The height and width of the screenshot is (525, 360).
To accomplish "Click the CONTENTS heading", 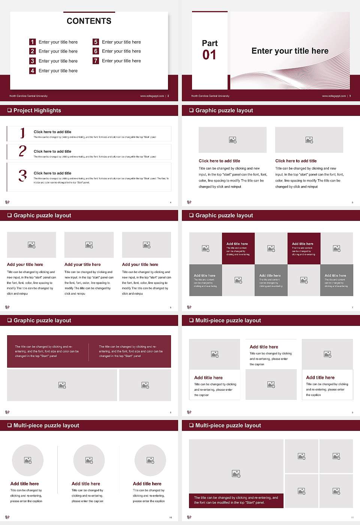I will click(x=89, y=21).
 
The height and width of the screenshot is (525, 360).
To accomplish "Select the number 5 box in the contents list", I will click(x=96, y=42).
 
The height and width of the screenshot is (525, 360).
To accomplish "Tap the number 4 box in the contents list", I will click(x=32, y=70).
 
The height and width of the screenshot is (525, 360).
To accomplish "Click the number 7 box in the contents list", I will click(x=96, y=61).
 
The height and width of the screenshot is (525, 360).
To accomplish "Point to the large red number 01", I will click(x=209, y=55).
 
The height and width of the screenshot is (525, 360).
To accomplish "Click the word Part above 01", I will click(x=210, y=43).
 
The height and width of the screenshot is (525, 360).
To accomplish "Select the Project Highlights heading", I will click(x=37, y=110).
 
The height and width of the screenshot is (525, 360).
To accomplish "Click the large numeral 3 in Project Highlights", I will click(x=22, y=175).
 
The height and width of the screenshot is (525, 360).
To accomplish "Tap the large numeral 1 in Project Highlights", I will click(x=22, y=133).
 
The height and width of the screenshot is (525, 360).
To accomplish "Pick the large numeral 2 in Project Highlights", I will click(x=22, y=151).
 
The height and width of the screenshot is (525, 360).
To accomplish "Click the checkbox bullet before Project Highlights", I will click(x=9, y=110).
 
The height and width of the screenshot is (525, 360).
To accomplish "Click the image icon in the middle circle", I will click(x=89, y=460).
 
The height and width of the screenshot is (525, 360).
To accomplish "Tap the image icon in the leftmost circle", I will click(x=28, y=460).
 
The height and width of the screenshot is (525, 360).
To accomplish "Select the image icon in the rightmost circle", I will click(x=150, y=460).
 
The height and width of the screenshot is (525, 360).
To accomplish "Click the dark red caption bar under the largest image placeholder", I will click(x=236, y=500).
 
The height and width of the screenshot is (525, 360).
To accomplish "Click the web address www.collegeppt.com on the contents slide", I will click(x=152, y=96).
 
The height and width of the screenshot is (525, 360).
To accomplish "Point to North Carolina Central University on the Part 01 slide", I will click(x=210, y=96).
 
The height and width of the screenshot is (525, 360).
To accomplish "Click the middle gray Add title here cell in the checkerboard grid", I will click(x=271, y=280).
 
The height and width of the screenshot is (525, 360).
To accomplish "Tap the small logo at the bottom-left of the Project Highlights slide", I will click(x=7, y=202).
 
